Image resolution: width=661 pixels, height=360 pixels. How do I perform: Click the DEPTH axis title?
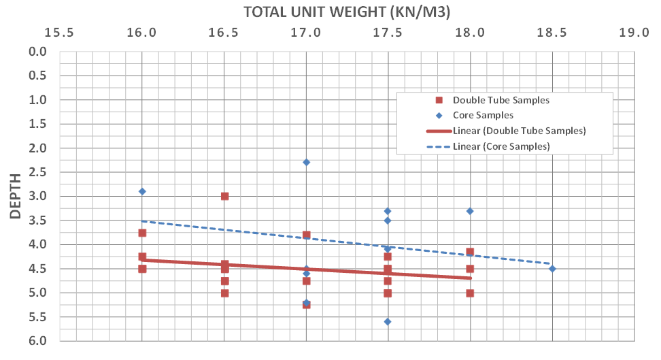coord(19,195)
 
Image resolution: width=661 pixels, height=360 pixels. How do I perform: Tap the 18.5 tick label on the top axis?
coord(552,32)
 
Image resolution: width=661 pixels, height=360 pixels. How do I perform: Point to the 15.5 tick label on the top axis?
coord(61,32)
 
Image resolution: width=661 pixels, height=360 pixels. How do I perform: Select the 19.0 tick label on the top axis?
coord(634,32)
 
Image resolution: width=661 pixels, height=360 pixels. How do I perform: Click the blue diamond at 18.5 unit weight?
coord(552,268)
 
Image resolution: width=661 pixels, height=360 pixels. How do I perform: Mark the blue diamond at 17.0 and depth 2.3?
coord(306,162)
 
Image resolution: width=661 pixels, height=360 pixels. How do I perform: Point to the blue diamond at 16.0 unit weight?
coord(142,191)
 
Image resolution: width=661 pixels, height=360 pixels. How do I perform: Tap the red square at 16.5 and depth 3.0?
coord(224,196)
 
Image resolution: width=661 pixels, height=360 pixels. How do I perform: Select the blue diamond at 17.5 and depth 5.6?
coord(388,321)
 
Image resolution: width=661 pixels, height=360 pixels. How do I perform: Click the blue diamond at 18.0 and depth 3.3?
coord(470,211)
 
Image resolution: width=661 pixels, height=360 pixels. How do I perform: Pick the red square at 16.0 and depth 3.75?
coord(142,233)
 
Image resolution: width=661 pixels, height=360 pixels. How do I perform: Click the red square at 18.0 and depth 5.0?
coord(470,293)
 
